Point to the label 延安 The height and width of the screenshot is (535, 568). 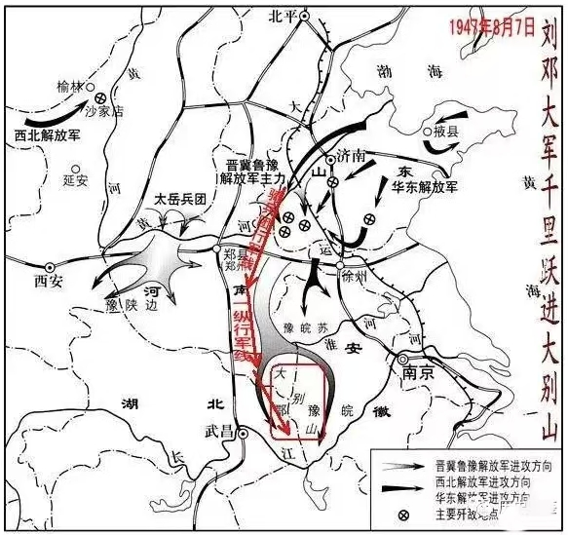(75, 179)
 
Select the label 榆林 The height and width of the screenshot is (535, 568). (71, 86)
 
